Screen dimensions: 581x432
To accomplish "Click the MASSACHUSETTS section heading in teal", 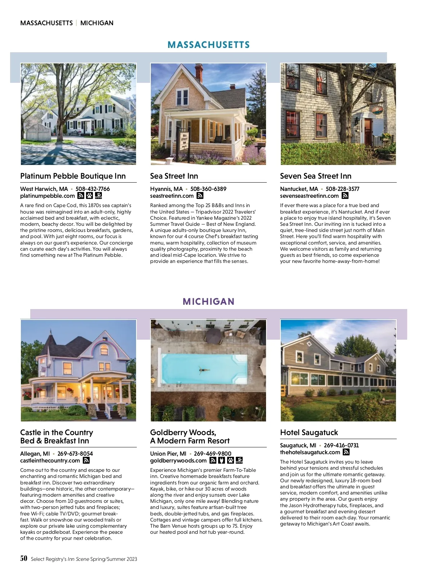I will (208, 45).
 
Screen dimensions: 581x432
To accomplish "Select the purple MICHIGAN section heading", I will (208, 301).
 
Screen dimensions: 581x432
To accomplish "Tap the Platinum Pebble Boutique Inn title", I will (73, 176).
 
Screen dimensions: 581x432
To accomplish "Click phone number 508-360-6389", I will (208, 189).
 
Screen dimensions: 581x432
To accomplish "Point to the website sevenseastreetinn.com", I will (309, 196).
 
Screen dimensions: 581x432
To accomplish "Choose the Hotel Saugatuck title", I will (309, 433).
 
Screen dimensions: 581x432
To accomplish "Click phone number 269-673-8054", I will (75, 453).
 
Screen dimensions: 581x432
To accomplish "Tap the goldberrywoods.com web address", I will (178, 461).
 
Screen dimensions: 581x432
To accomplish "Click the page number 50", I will (24, 558).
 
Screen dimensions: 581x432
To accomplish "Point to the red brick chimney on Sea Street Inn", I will (199, 72).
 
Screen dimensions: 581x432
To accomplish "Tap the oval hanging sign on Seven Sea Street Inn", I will (377, 110).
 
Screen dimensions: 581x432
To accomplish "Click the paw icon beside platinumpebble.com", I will (89, 196).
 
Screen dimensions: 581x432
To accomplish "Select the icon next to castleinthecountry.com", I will (86, 461).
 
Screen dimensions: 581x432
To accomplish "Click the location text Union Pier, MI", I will (168, 453).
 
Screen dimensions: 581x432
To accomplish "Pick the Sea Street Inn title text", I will (174, 176).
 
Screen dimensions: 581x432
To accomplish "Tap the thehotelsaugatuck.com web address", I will (310, 452).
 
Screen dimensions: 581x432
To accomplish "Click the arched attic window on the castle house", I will (104, 349).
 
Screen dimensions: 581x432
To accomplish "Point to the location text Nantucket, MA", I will (299, 189).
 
